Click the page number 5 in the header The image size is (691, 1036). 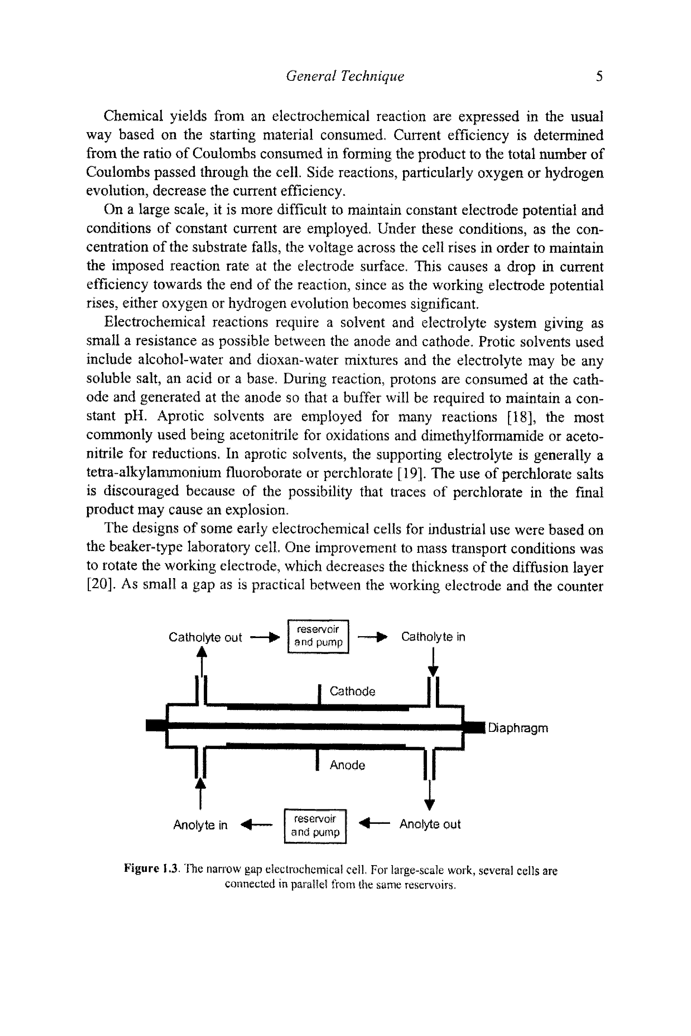pyautogui.click(x=599, y=77)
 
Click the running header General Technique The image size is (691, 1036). pyautogui.click(x=345, y=77)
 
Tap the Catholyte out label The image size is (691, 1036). pyautogui.click(x=205, y=637)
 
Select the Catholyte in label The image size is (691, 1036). pyautogui.click(x=433, y=637)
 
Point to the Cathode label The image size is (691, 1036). pyautogui.click(x=352, y=691)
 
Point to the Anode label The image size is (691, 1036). pyautogui.click(x=347, y=765)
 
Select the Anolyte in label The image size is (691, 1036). pyautogui.click(x=200, y=825)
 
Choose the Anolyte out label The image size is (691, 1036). pyautogui.click(x=430, y=824)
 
